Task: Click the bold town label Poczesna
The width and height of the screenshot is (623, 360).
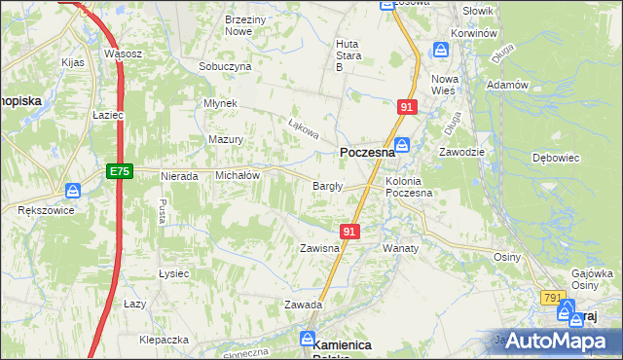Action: coord(367,153)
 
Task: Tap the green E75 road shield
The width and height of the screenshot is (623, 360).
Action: coord(119,171)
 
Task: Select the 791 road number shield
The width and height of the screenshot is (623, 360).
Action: coord(554,298)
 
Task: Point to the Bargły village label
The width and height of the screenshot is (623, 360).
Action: coord(325,186)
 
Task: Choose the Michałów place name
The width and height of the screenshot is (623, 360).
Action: coord(237,175)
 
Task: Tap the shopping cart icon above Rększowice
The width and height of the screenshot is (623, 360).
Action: coord(73,191)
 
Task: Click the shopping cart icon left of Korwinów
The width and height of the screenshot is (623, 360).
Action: coord(441,48)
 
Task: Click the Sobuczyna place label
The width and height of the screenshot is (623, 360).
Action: coord(225,66)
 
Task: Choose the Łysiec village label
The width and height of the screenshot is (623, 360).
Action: coord(173,273)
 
